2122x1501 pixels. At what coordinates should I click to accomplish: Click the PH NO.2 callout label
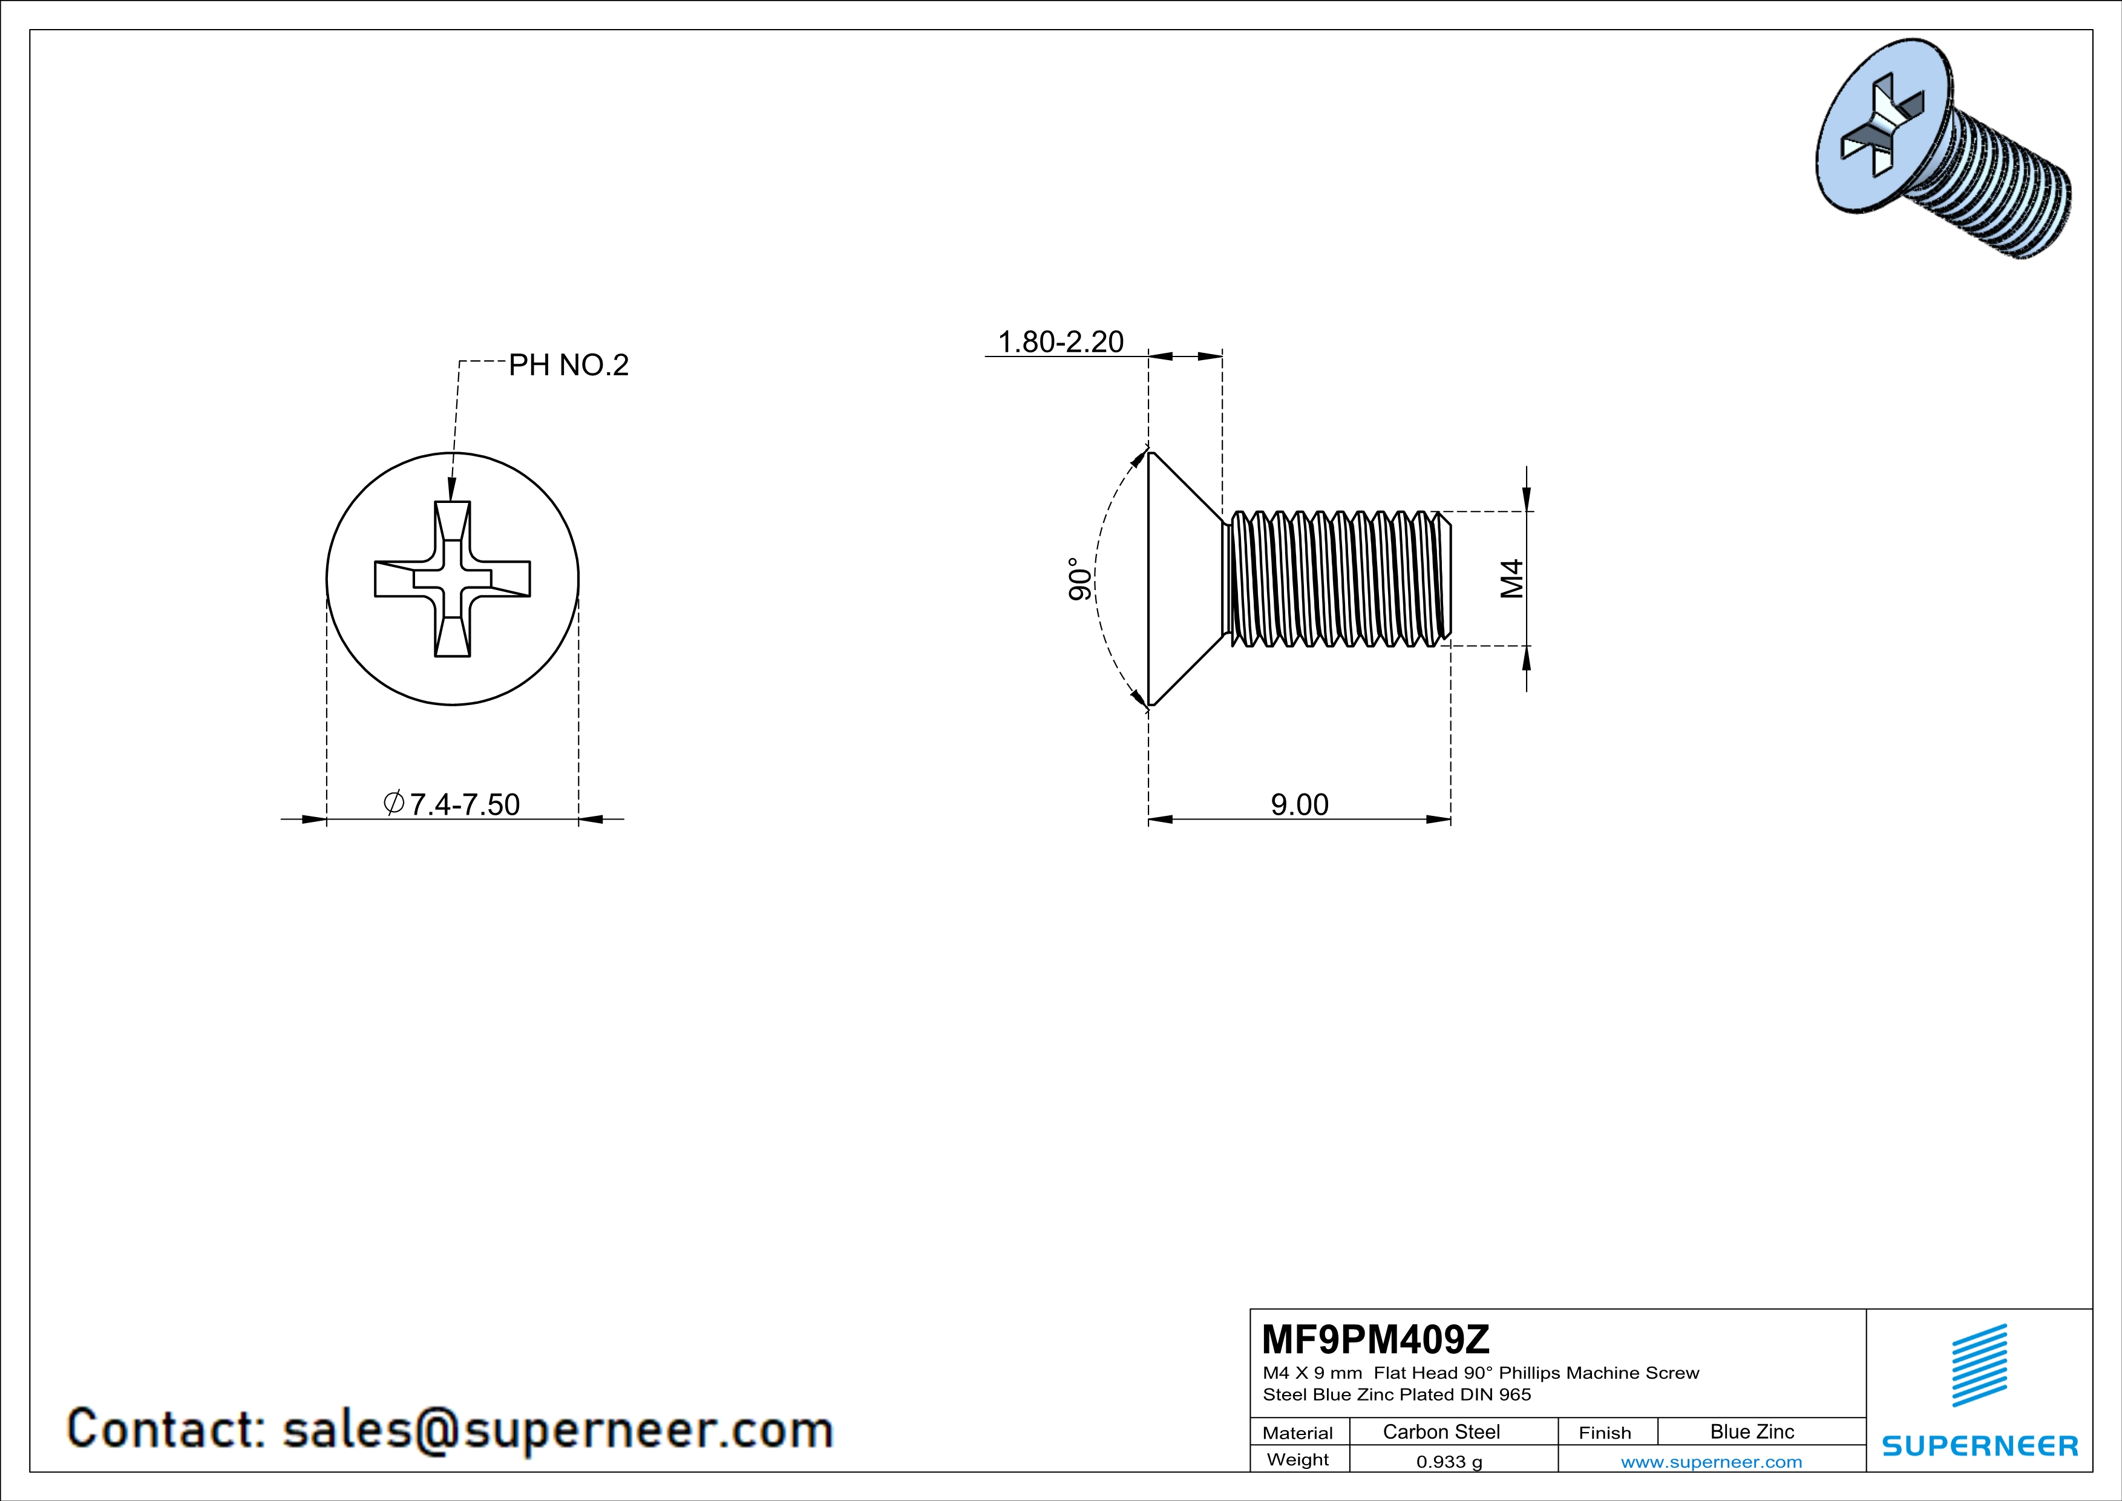pos(568,365)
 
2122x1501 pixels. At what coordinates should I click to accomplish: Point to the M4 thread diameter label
pos(1511,579)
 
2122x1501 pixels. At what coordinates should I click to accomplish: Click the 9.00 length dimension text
pos(1300,804)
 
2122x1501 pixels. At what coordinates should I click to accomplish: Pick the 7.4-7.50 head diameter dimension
pos(452,804)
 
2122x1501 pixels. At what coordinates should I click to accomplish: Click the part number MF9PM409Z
pos(1375,1338)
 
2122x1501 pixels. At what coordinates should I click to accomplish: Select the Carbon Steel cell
pos(1441,1431)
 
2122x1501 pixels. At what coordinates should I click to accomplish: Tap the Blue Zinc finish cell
pos(1752,1431)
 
